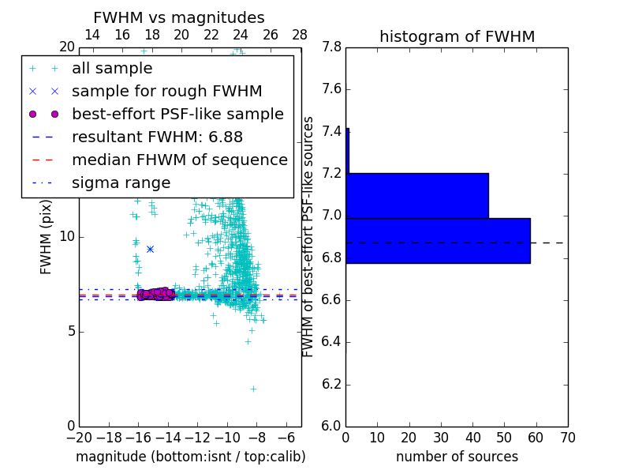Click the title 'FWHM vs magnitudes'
coord(179,17)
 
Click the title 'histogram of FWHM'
coord(457,36)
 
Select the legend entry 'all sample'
coord(112,69)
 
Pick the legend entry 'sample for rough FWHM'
coord(166,91)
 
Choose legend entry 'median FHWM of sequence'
coord(179,160)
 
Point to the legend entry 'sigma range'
coord(121,182)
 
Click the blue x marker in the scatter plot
coord(150,249)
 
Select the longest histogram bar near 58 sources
coord(438,241)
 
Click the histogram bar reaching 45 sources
coord(417,195)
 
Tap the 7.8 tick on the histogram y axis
coord(331,47)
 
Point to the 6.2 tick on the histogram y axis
coord(331,385)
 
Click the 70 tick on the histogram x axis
coord(567,438)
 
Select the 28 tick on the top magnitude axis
coord(300,35)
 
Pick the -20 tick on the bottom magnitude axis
coord(79,438)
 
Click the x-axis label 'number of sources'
coord(457,457)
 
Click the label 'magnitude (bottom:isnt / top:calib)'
coord(190,457)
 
